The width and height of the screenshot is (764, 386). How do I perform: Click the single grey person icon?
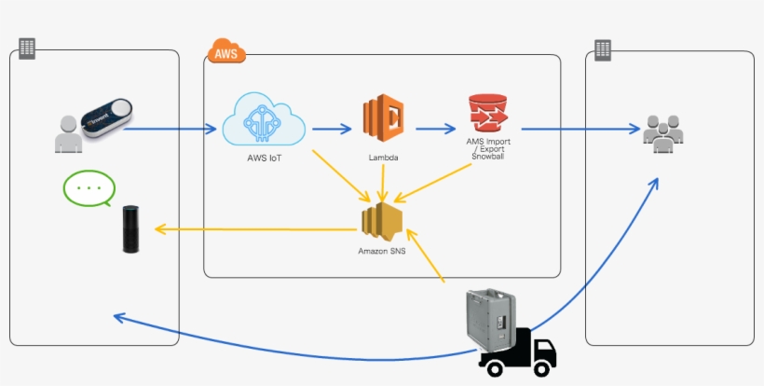[67, 134]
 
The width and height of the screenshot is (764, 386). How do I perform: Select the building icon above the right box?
[603, 48]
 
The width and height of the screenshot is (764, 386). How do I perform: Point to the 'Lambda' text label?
[383, 159]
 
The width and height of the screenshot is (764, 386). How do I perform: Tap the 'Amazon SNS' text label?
[380, 252]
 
